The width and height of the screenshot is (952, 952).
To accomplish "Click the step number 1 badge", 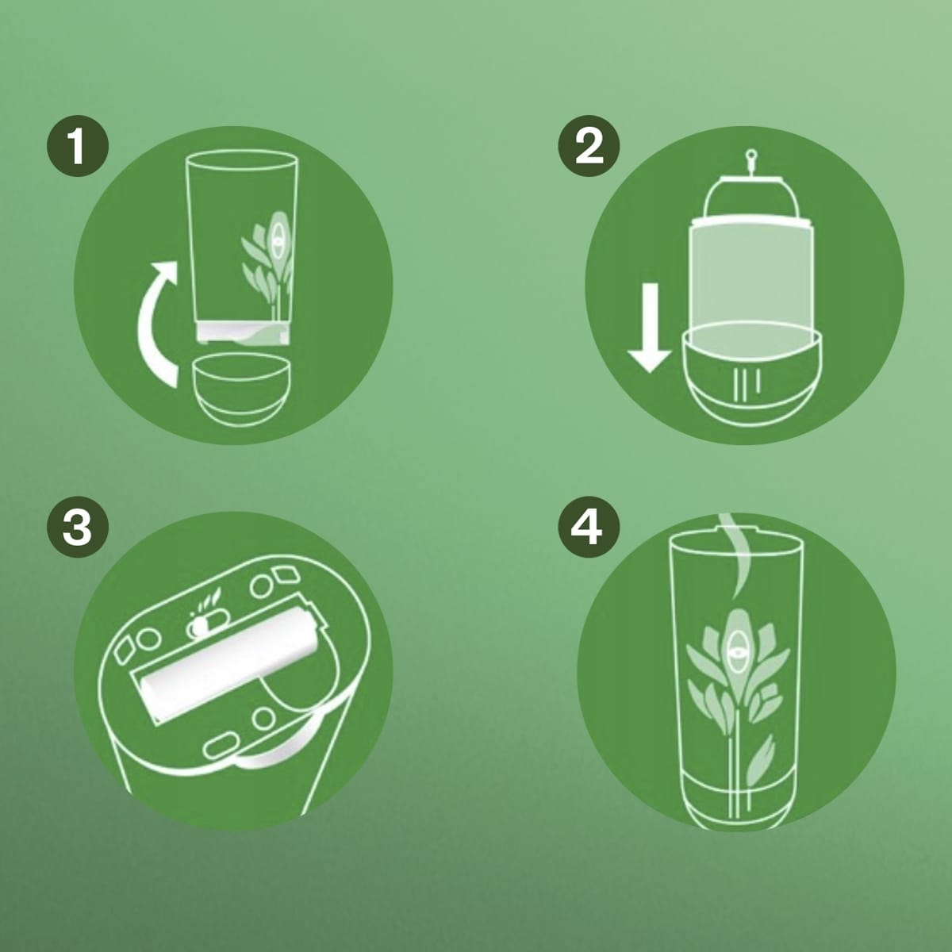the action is [x=78, y=146].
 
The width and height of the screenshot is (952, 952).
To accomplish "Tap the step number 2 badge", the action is [x=589, y=146].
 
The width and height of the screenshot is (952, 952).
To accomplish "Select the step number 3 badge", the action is [x=78, y=528].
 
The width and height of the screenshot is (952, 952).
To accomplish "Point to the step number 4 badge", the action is [x=589, y=528].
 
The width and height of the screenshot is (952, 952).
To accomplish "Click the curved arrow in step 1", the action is [x=148, y=326].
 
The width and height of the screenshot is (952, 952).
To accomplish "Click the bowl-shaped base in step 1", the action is [x=239, y=390].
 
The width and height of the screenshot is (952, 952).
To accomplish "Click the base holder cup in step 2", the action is [x=751, y=375].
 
